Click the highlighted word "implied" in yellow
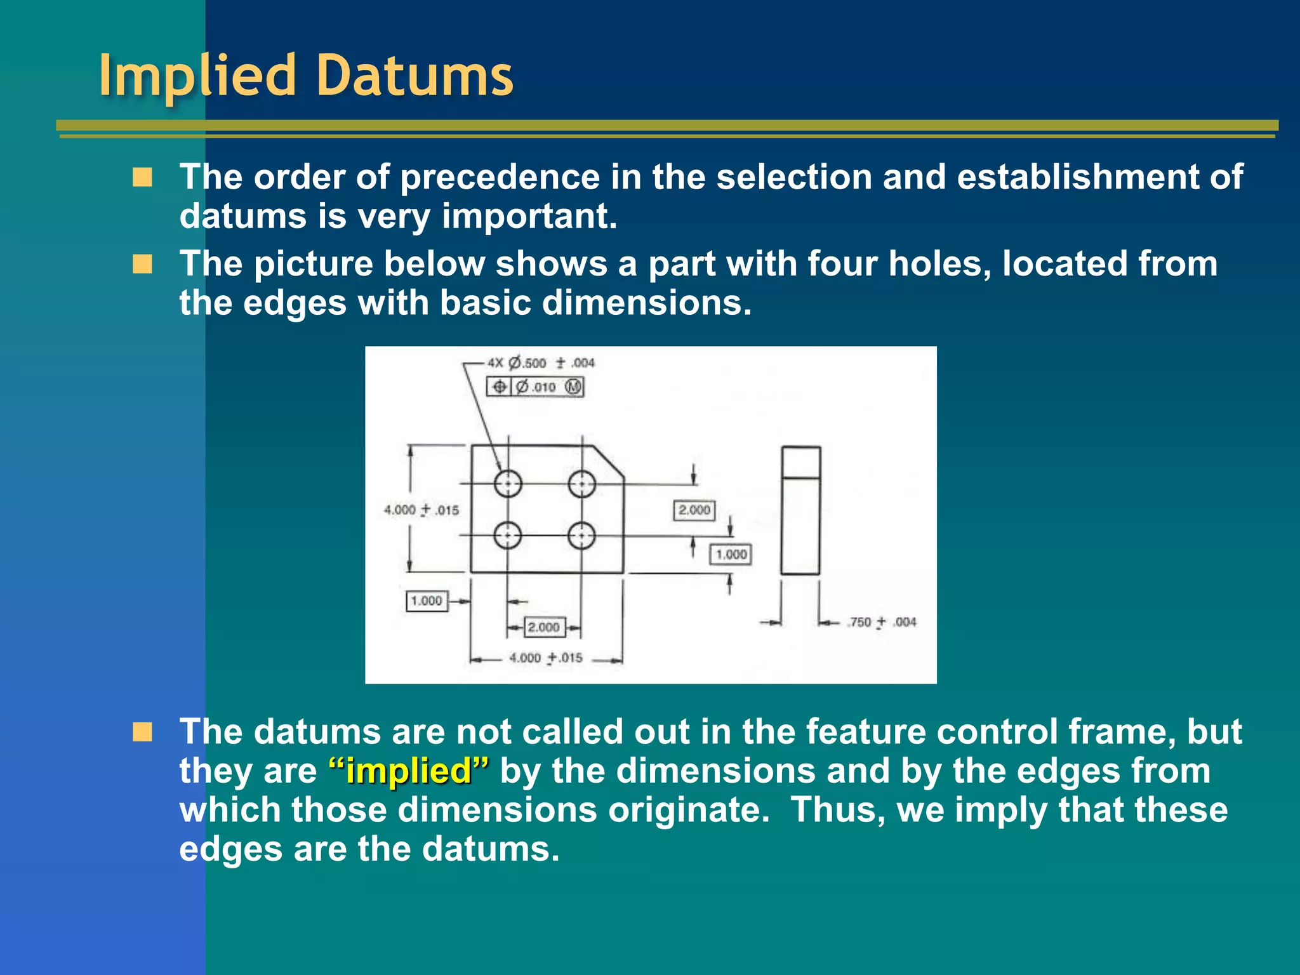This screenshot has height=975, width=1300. (x=409, y=771)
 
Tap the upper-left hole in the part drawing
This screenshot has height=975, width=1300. (x=508, y=484)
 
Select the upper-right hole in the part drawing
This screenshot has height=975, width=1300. (x=581, y=484)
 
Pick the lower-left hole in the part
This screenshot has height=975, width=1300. (x=508, y=536)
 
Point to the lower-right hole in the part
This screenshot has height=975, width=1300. (x=581, y=536)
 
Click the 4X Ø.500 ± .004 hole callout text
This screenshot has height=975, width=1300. (x=541, y=363)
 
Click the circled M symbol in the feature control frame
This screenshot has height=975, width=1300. (x=573, y=387)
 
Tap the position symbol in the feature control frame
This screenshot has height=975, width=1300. (x=500, y=387)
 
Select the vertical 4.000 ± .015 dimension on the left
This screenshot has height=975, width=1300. (x=421, y=510)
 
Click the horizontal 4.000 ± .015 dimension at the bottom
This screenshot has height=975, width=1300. (x=545, y=658)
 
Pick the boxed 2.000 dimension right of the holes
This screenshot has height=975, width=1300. (x=694, y=510)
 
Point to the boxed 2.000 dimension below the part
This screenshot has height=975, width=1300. (x=544, y=627)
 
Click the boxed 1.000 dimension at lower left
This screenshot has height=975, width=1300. (x=427, y=600)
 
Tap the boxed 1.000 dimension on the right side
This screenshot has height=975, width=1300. (x=731, y=554)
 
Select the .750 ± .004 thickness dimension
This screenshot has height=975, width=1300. (x=882, y=622)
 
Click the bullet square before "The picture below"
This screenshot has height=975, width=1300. (x=143, y=263)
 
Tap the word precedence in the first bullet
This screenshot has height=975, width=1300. (x=500, y=176)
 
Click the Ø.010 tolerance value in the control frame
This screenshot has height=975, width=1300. (x=536, y=387)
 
